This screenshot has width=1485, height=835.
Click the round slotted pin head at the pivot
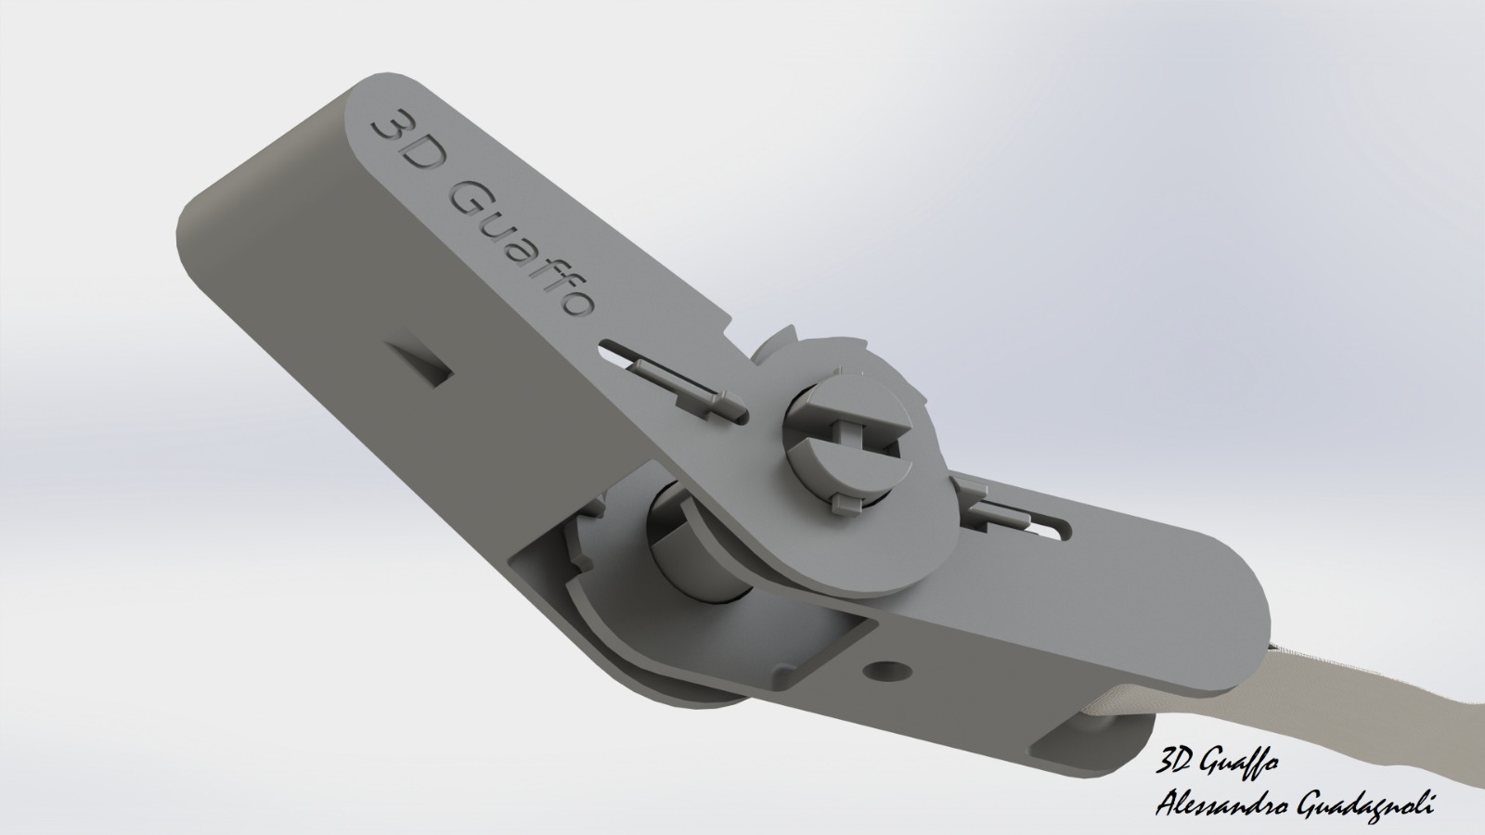[x=841, y=440]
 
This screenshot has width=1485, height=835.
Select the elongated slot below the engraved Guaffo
[x=673, y=380]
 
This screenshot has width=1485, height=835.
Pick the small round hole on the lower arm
[x=886, y=670]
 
